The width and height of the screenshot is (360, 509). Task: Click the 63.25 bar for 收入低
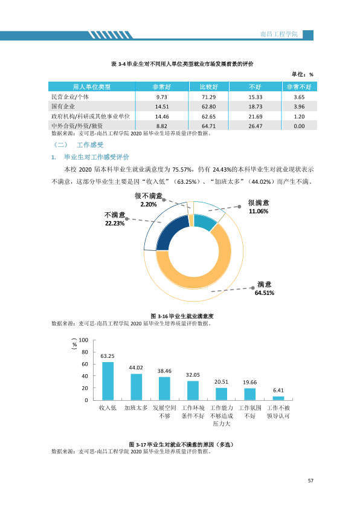pos(108,381)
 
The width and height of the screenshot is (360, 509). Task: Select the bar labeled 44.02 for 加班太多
pos(137,387)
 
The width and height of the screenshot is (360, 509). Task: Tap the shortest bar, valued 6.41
pos(278,398)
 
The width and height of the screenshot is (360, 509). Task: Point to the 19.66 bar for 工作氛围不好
pos(249,394)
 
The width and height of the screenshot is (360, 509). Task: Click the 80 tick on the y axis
pos(85,352)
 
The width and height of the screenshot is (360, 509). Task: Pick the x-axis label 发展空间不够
pos(164,412)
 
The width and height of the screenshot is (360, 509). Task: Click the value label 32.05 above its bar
pos(193,375)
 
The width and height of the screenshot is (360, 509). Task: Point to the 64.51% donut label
pos(265,293)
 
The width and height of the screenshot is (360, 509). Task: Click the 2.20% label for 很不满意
pos(149,204)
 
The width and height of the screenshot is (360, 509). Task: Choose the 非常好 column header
pos(161,86)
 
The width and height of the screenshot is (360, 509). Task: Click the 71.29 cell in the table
pos(208,97)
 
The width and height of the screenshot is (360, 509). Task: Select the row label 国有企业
pos(63,106)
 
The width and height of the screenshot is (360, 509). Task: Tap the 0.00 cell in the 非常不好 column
pos(299,126)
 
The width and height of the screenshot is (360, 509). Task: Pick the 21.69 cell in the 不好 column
pos(256,117)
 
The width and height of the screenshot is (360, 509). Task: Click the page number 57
pos(310,481)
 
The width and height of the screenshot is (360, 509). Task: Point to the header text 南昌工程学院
pos(279,34)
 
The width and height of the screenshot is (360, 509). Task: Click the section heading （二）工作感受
pos(79,144)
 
